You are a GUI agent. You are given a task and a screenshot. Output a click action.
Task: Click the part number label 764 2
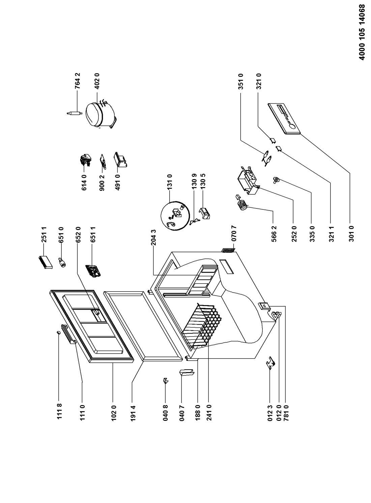point(78,81)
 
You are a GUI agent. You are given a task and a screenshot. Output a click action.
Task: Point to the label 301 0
point(352,233)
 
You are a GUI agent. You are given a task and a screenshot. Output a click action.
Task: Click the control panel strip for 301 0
point(284,119)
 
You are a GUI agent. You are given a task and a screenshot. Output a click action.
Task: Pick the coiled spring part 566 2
point(242,203)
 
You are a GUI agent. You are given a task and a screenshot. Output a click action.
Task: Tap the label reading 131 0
point(170,181)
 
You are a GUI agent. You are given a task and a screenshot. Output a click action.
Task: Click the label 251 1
point(44,234)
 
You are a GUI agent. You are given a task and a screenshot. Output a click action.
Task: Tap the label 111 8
point(59,411)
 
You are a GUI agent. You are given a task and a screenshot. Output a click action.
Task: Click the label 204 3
point(154,237)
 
